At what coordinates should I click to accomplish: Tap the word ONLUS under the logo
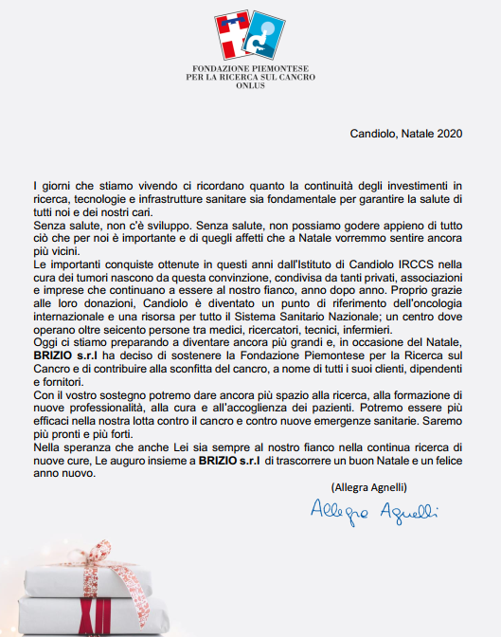pos(251,85)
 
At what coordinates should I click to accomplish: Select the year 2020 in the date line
pos(445,136)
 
